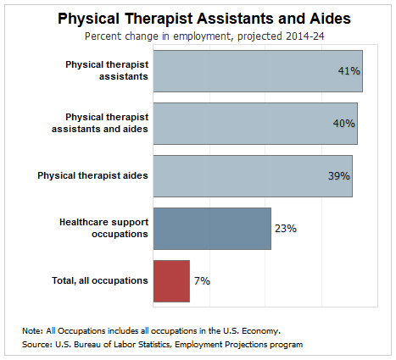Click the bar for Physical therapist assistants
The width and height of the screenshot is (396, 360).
point(258,71)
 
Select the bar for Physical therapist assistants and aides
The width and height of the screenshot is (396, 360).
point(255,124)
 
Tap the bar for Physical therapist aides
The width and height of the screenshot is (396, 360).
point(253,176)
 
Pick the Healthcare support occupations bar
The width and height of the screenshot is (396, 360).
point(212,229)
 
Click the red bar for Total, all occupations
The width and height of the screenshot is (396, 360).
point(171,281)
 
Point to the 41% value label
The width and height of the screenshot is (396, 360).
point(349,70)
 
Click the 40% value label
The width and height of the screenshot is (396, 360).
point(344,123)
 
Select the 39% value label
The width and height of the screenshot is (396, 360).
point(339,175)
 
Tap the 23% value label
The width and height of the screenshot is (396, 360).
point(286,229)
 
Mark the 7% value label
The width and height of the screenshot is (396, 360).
point(202,281)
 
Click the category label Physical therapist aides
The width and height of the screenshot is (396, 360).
point(92,175)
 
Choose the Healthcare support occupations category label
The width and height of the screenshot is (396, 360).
point(103,228)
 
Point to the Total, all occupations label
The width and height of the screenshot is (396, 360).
point(100,280)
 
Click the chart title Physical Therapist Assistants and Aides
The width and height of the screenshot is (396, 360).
point(204,19)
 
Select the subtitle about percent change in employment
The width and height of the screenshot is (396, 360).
point(204,36)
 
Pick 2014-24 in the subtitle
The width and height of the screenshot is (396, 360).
point(305,36)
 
